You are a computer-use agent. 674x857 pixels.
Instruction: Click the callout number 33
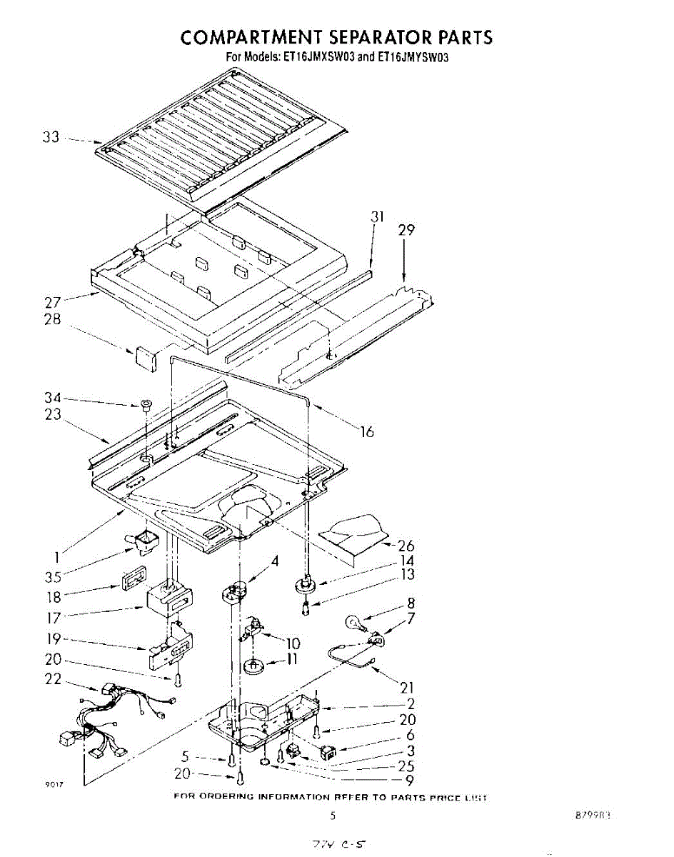click(51, 137)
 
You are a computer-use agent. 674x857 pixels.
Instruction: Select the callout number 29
click(406, 230)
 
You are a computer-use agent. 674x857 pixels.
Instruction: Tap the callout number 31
click(378, 217)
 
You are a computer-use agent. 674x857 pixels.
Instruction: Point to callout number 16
click(367, 431)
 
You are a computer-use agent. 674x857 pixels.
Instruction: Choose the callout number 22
click(54, 678)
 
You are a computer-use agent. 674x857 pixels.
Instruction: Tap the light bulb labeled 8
click(356, 623)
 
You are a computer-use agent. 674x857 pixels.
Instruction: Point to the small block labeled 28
click(146, 358)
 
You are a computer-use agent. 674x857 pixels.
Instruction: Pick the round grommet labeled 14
click(306, 583)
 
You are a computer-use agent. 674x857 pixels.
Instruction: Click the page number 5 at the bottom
click(331, 815)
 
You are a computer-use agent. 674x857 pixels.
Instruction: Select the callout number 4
click(275, 561)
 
